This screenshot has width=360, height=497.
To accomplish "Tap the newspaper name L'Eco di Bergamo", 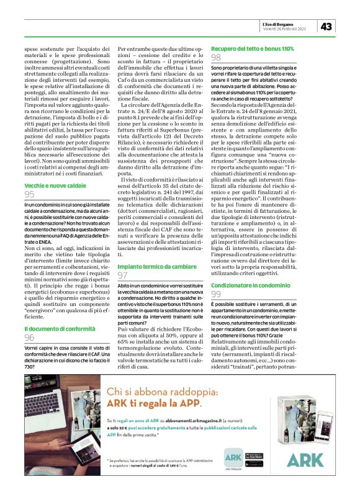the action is [282, 23].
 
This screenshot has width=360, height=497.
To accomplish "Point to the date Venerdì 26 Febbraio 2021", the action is [284, 29].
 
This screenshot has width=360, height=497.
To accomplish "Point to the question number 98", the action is [217, 58].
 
